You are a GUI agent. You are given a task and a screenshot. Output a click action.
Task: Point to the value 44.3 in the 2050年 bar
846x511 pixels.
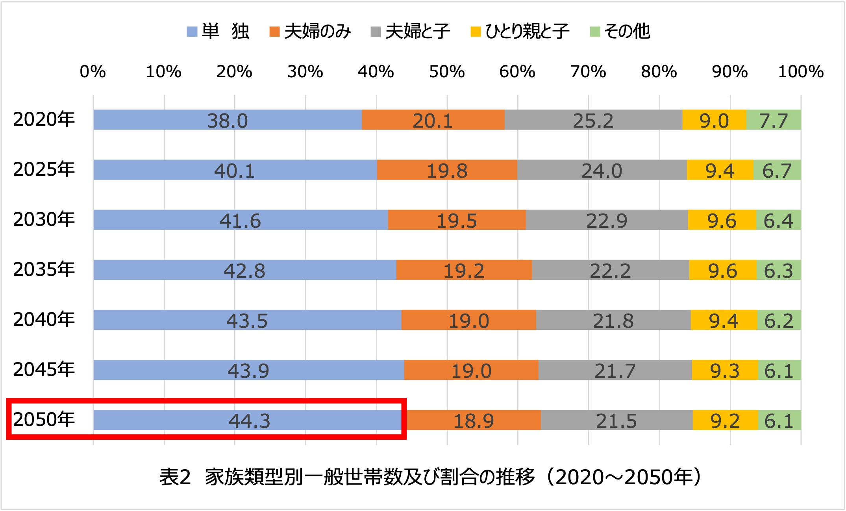250,421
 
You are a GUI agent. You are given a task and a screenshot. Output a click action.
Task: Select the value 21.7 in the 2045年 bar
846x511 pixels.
615,371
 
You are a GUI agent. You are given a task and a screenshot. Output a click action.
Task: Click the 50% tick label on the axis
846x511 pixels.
447,72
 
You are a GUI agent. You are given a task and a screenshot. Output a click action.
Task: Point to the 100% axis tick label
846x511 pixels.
801,72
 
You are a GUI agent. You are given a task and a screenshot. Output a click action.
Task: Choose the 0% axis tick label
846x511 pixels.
93,72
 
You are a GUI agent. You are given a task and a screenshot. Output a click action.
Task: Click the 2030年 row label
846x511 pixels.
44,219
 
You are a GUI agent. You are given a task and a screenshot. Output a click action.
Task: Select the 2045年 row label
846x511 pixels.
44,370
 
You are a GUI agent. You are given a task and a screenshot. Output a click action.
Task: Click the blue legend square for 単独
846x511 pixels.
192,32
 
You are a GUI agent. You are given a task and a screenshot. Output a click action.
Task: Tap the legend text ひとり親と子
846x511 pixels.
527,31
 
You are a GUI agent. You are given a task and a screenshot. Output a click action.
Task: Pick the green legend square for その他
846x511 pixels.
595,32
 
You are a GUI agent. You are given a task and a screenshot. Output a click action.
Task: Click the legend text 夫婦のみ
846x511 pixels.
317,31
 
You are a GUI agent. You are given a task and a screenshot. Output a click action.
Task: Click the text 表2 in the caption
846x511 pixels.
175,477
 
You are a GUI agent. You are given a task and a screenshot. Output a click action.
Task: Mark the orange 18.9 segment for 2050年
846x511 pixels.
474,420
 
